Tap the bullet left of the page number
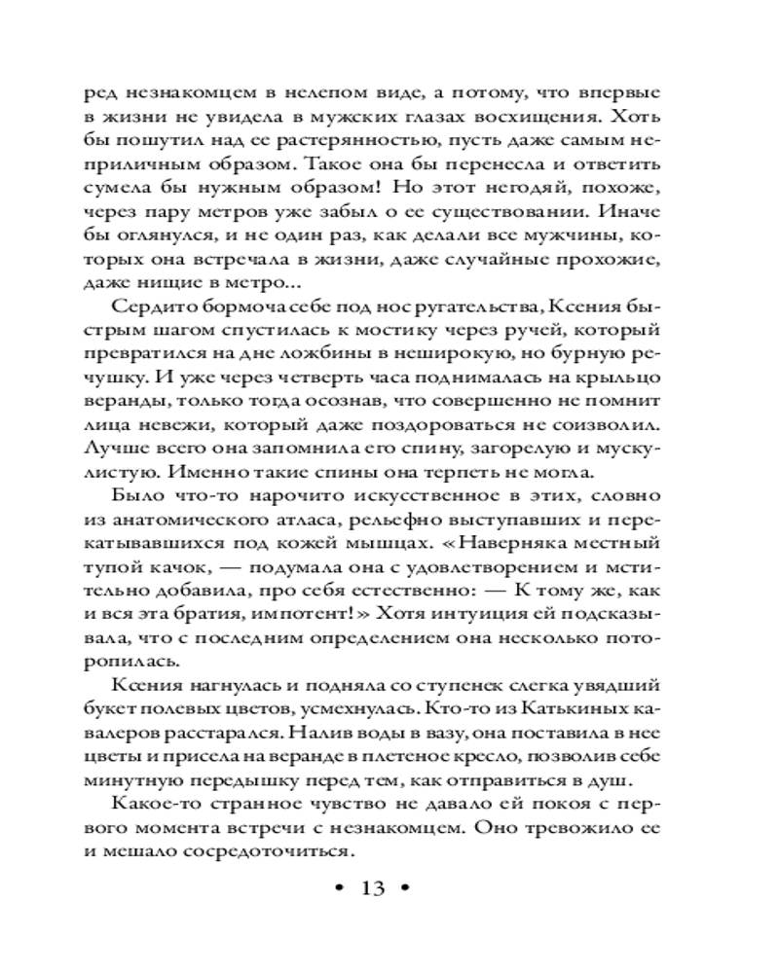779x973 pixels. [x=337, y=888]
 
